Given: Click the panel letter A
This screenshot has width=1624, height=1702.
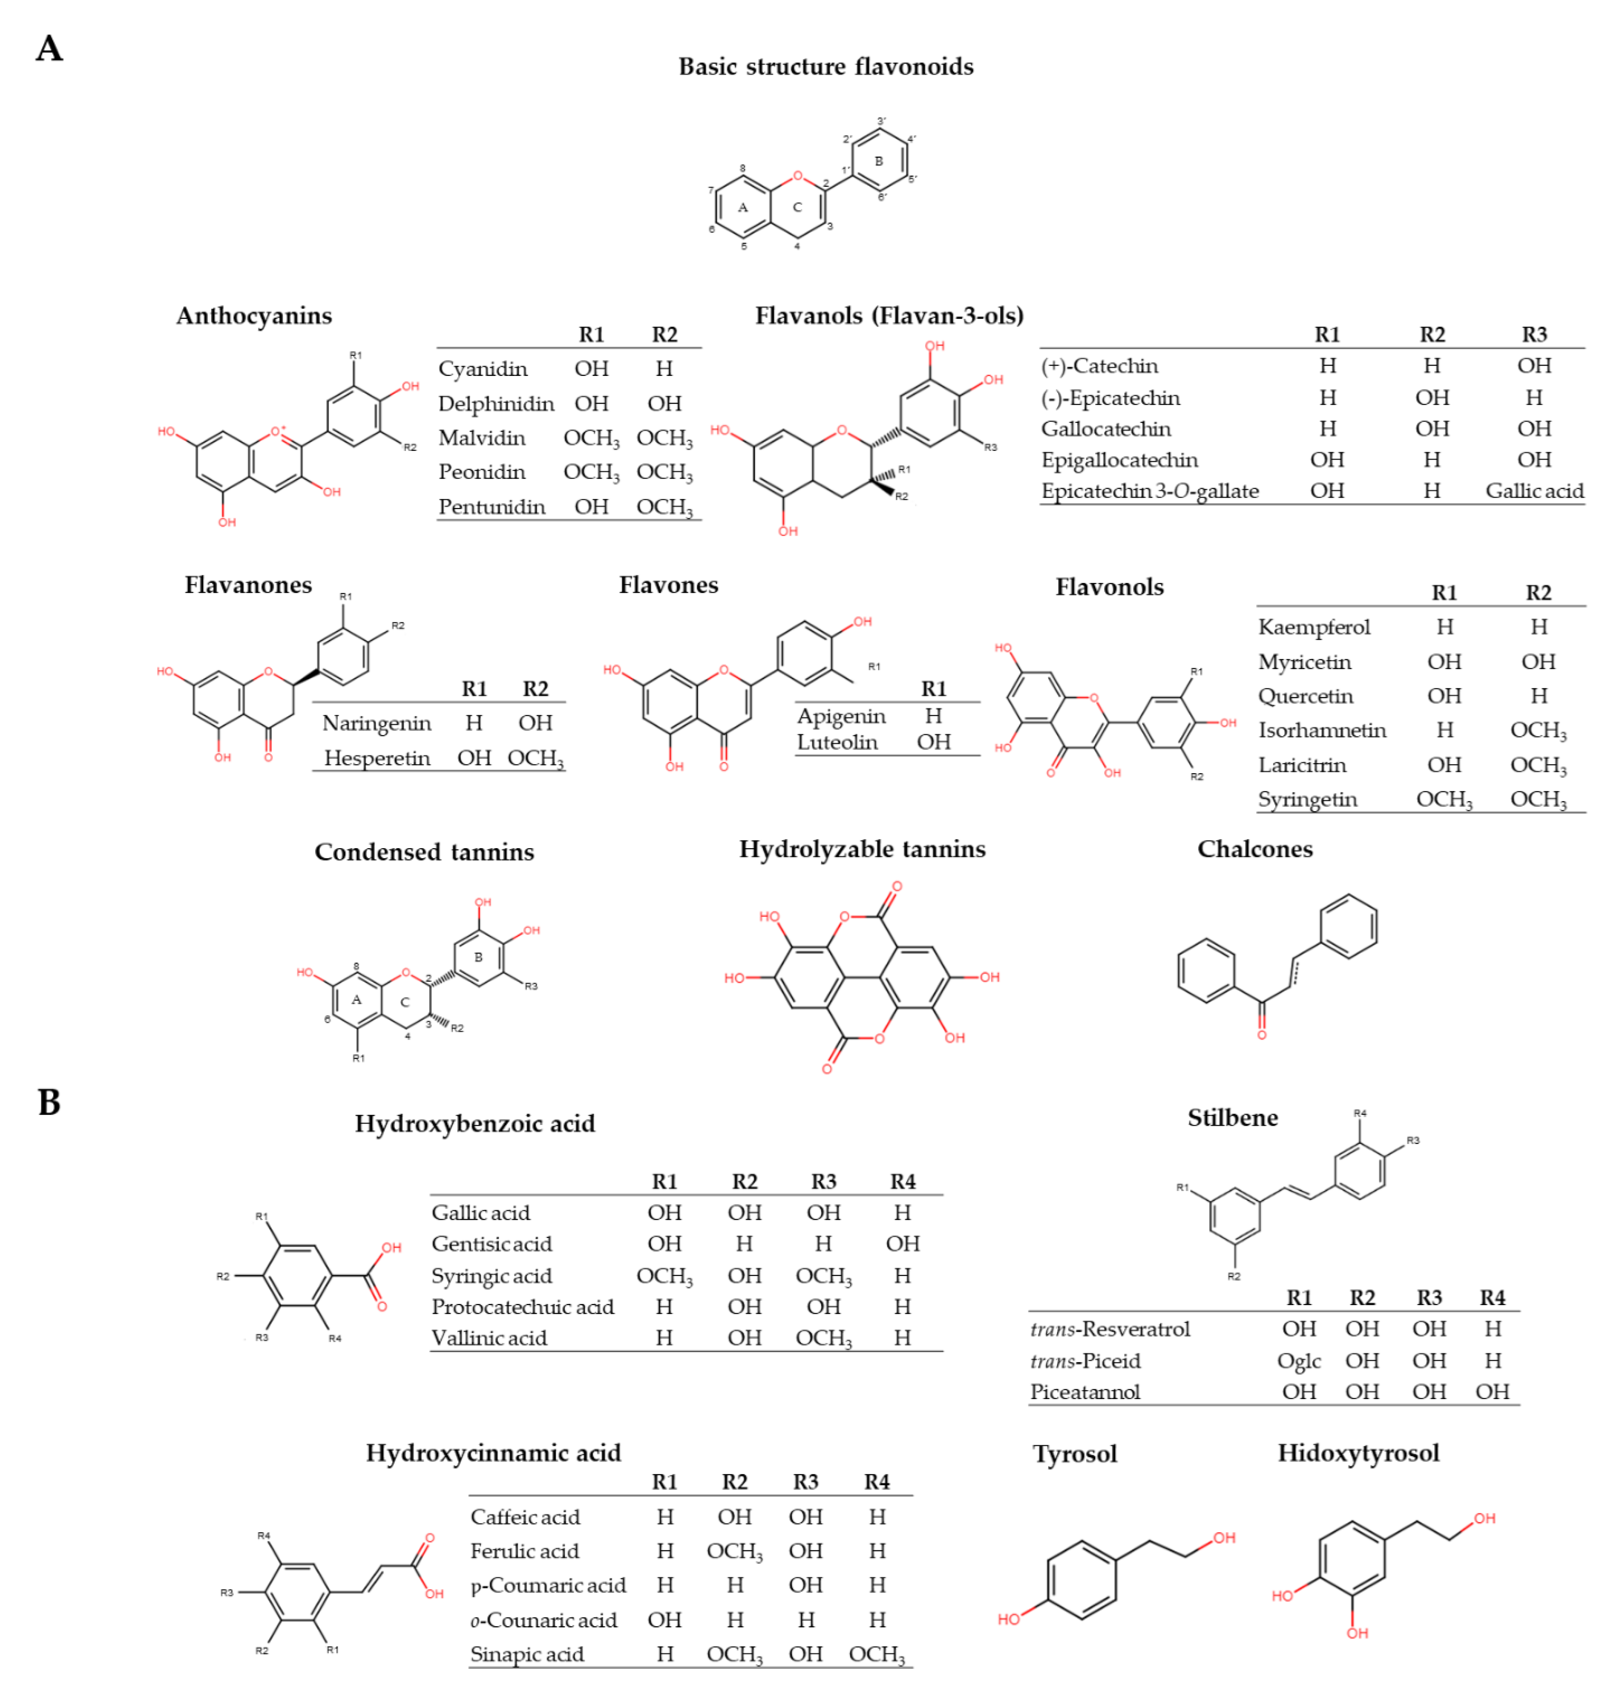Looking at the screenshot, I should point(49,48).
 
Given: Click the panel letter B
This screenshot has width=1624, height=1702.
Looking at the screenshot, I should point(49,1102).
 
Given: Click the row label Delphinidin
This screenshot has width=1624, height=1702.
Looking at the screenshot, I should point(495,403).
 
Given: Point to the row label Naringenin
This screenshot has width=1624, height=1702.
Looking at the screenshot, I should point(377,723).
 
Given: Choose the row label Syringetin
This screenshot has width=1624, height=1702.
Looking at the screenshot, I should point(1307,799).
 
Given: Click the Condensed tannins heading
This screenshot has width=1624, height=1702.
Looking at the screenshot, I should point(424,852).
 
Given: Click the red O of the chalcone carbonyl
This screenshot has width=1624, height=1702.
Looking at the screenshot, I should point(1261,1035).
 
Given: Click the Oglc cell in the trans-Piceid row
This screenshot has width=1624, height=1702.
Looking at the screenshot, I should point(1299,1361).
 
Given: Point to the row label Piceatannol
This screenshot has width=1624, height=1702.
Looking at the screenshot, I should point(1085,1392).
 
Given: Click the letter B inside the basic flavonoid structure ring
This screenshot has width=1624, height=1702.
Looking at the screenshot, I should point(879,161).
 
